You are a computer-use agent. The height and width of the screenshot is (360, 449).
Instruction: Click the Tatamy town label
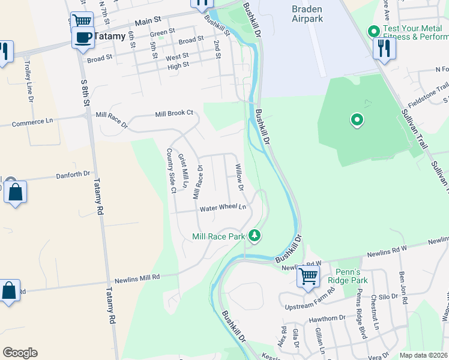coord(110,36)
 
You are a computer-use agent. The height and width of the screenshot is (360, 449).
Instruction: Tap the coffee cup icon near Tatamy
coord(82,38)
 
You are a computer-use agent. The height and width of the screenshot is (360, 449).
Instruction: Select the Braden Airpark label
coord(307,14)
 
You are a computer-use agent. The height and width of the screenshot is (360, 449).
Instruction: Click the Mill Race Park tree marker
coord(255,235)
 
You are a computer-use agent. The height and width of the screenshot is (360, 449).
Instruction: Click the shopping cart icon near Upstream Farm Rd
coord(308,277)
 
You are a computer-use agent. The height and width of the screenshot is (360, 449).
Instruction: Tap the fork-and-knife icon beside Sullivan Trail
coord(384,48)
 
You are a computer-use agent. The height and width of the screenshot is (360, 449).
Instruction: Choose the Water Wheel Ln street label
coord(223,208)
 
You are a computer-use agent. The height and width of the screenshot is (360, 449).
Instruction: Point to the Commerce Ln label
coord(32,121)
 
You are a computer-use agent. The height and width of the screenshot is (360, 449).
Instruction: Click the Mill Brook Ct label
coord(174,113)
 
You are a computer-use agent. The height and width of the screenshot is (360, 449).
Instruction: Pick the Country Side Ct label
coord(170,171)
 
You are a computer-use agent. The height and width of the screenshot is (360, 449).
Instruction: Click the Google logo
coord(20,353)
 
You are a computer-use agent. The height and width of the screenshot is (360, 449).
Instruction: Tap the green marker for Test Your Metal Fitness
coord(373,30)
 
